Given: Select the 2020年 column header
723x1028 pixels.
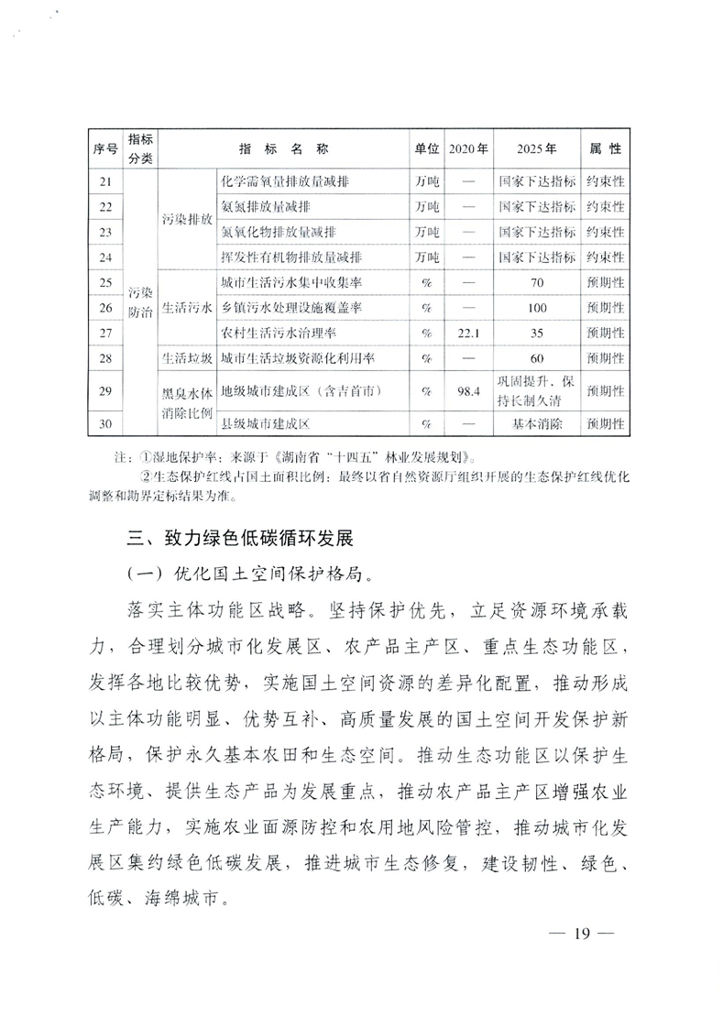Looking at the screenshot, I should click(x=467, y=148).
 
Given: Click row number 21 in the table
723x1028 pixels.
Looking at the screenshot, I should click(x=107, y=181).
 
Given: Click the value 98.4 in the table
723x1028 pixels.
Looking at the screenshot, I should click(x=467, y=392).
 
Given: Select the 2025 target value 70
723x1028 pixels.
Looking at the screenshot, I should click(x=537, y=282).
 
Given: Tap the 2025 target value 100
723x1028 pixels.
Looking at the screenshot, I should click(x=537, y=307).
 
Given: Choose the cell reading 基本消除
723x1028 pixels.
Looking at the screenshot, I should click(x=537, y=424).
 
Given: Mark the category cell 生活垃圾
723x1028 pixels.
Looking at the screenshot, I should click(x=187, y=356).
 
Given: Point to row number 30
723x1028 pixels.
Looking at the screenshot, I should click(x=107, y=424).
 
